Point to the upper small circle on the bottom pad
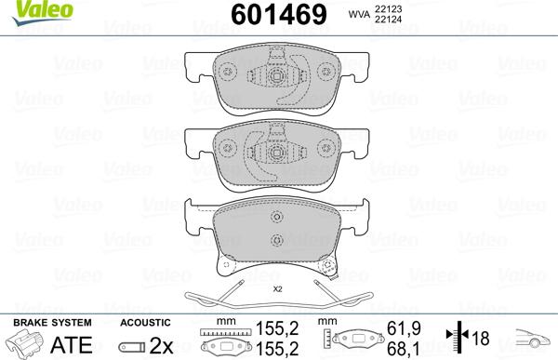(275, 219)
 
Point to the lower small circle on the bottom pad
(275, 242)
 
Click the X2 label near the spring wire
(276, 289)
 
